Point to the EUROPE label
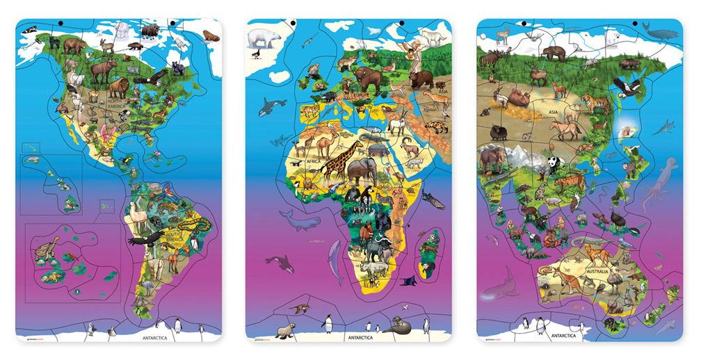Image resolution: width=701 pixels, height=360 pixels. (361, 93)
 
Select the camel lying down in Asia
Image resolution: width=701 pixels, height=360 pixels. (520, 97)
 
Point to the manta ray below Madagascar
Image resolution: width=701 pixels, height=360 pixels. (410, 280)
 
